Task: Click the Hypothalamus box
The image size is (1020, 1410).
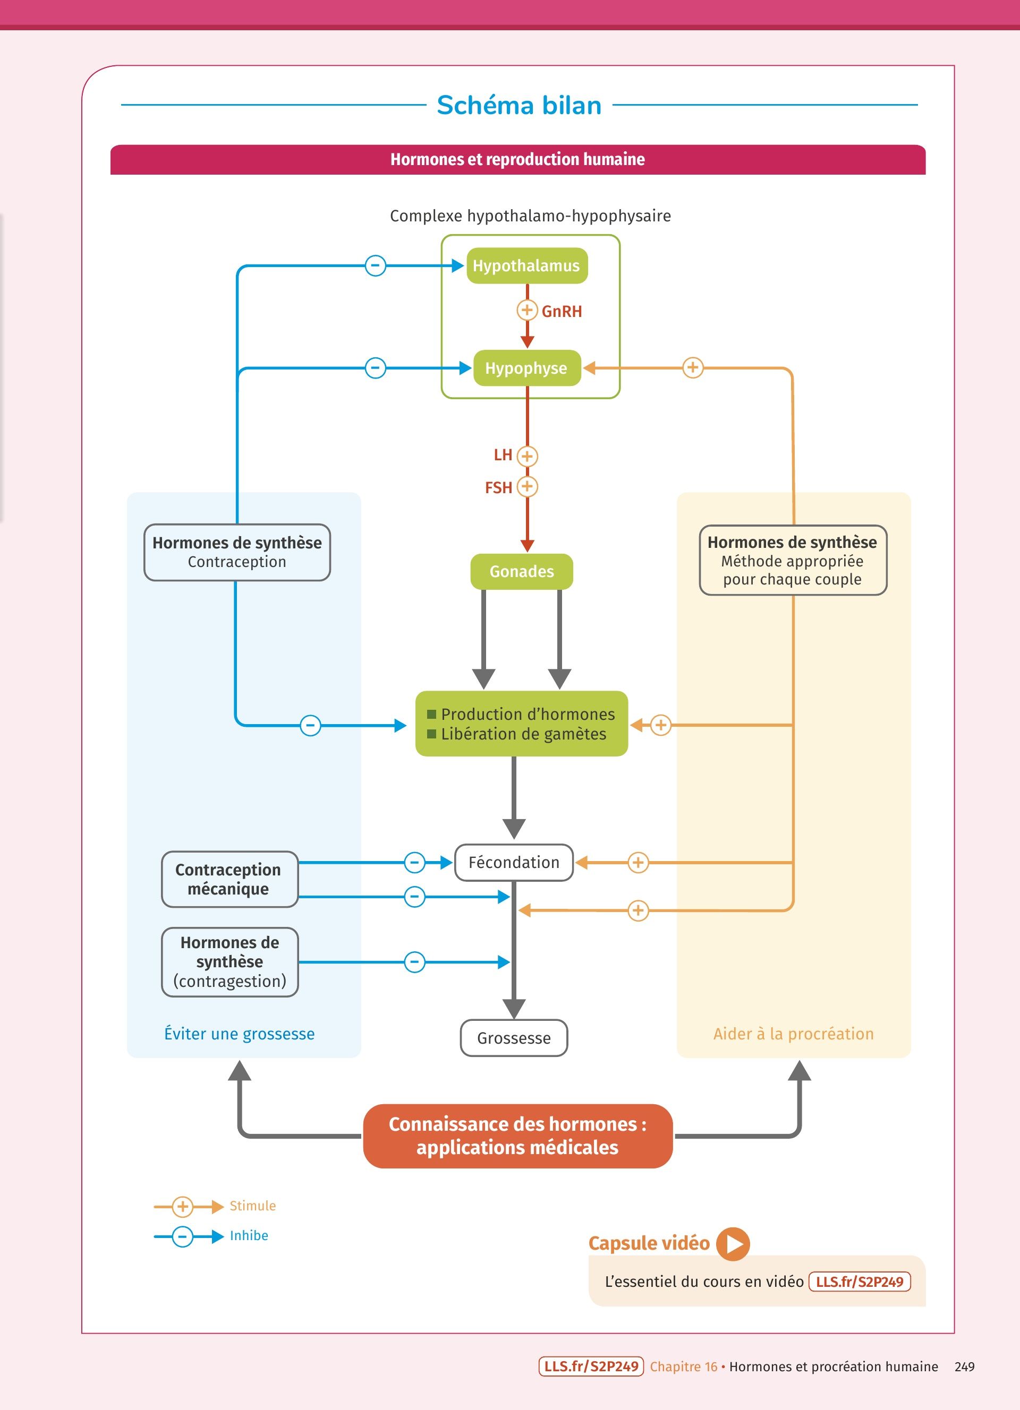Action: tap(526, 265)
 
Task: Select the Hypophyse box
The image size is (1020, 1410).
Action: tap(526, 368)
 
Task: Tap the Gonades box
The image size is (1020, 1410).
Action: tap(521, 571)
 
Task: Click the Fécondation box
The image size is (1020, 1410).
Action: tap(514, 862)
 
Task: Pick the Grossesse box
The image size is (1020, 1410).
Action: tap(514, 1038)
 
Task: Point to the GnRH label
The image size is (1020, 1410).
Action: tap(562, 312)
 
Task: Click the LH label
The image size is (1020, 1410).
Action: tap(503, 455)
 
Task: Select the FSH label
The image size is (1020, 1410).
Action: tap(498, 487)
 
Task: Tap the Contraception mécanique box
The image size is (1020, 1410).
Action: tap(229, 879)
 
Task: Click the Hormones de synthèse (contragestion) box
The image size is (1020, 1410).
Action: tap(229, 962)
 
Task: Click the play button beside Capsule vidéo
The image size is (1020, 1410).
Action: tap(733, 1243)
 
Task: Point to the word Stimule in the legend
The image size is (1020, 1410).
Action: tap(252, 1206)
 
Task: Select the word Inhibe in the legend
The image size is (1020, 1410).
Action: tap(249, 1235)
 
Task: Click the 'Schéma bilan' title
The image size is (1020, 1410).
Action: tap(518, 105)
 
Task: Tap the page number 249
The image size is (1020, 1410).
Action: tap(964, 1366)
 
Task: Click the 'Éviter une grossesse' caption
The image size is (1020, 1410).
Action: tap(240, 1033)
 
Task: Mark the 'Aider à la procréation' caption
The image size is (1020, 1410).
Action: tap(793, 1033)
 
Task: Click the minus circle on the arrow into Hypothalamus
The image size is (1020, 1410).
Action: tap(375, 265)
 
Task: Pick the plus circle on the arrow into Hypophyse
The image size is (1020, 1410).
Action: tap(693, 367)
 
